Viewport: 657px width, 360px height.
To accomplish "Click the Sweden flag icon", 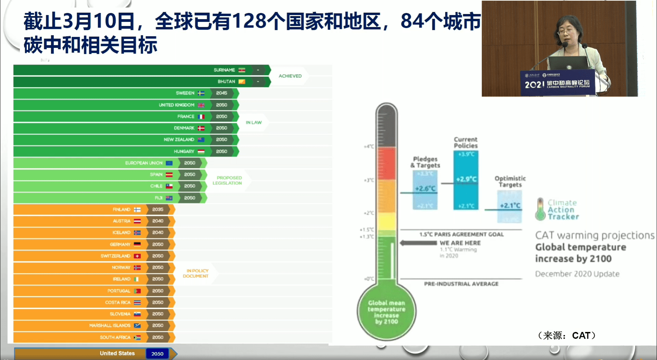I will pos(201,93).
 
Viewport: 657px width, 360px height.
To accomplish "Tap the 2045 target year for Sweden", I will pos(222,93).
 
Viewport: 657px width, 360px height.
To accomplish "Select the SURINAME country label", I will pos(224,70).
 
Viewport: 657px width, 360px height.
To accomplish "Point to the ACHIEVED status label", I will pos(290,76).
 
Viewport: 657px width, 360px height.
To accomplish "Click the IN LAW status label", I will pos(254,123).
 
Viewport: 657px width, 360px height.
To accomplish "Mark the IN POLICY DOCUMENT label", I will pos(196,273).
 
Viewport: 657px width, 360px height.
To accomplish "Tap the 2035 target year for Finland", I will pos(158,209).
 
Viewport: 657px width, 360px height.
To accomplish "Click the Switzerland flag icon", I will pos(137,256).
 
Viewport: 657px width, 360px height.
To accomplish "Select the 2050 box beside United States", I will pos(157,354).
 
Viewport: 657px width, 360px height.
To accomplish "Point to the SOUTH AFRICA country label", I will pos(115,337).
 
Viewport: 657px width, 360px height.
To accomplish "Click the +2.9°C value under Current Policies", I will pos(466,179).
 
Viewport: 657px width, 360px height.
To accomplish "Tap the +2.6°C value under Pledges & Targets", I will pos(425,189).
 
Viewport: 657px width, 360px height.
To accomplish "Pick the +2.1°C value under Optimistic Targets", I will pos(510,206).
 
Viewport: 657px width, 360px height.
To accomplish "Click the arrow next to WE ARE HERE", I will pos(418,243).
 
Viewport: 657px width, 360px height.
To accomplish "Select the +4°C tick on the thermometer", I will pos(369,146).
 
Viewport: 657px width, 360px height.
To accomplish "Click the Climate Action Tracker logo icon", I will pos(540,209).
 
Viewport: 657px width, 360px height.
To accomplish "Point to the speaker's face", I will pos(567,33).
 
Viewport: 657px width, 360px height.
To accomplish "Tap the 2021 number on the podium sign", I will pos(534,85).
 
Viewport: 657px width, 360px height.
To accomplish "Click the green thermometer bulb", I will pos(387,312).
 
